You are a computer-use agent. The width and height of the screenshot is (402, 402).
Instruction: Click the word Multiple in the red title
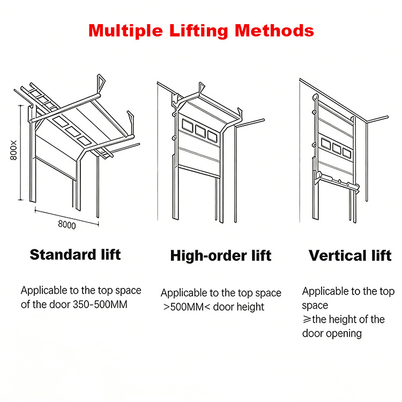[125, 31]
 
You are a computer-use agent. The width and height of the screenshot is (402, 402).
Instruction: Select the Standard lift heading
[75, 255]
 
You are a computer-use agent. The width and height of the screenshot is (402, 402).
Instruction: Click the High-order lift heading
[221, 256]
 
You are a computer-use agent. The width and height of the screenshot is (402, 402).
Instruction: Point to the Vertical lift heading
[350, 256]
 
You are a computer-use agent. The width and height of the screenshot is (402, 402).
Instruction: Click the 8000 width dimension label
[67, 225]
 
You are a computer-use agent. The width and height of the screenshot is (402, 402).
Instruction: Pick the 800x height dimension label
[13, 150]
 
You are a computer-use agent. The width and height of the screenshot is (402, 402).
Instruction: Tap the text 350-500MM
[100, 304]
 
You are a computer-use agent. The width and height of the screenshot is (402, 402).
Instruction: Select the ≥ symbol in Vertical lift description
[307, 319]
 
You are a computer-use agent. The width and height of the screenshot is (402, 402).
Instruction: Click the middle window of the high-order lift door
[200, 131]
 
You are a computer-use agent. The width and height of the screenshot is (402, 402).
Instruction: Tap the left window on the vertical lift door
[326, 144]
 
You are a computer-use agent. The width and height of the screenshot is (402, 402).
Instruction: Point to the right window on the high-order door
[212, 136]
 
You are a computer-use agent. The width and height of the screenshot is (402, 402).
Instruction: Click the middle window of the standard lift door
[73, 131]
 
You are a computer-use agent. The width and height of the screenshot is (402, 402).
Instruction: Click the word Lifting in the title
[198, 31]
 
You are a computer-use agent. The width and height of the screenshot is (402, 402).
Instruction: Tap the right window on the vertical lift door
[347, 153]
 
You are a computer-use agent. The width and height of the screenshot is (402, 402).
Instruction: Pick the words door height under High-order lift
[239, 307]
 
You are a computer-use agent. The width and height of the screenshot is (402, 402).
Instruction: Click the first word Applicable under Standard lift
[44, 291]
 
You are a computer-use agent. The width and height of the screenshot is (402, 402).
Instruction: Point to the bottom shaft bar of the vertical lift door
[337, 181]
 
